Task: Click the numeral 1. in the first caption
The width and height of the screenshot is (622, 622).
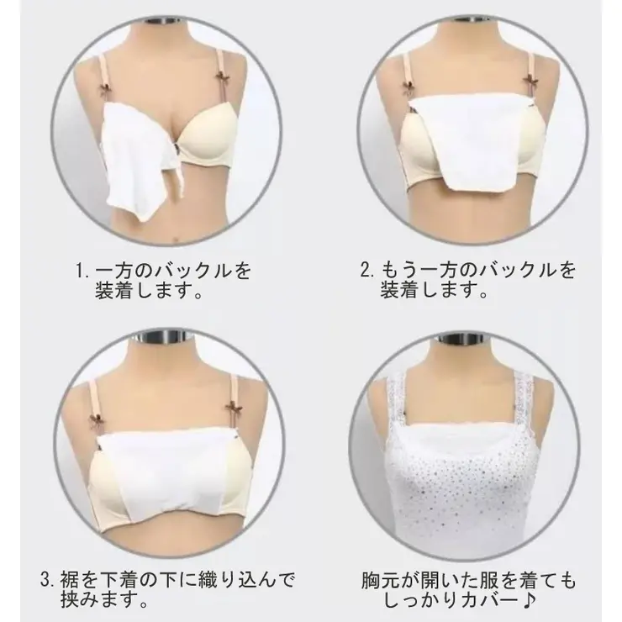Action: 83,271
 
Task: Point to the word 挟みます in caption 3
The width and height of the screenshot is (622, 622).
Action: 99,601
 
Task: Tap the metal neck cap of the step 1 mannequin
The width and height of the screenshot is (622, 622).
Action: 166,21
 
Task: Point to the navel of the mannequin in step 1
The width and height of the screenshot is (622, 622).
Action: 175,238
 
